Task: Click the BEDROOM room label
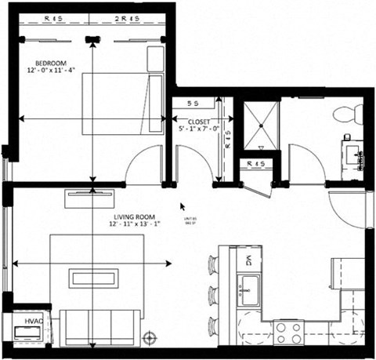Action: point(52,63)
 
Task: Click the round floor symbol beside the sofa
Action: point(150,338)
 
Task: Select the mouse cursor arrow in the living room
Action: point(183,206)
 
